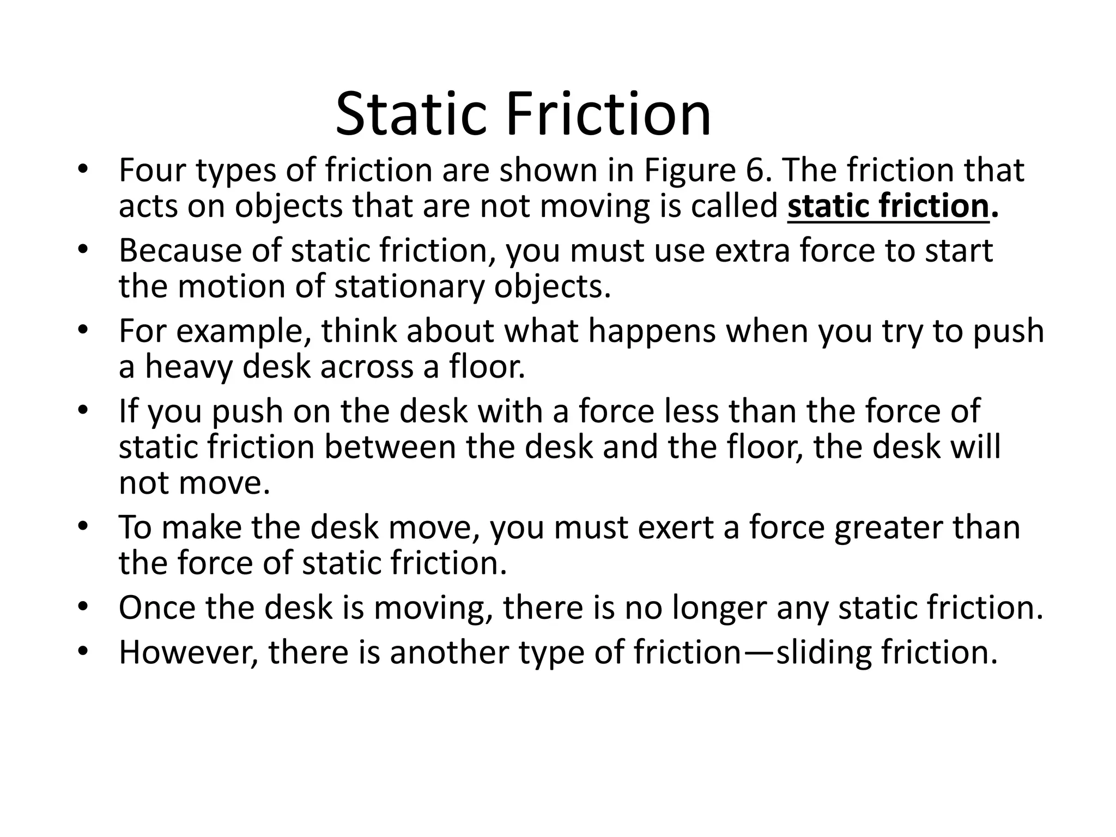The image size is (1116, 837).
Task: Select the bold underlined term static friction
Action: coord(888,207)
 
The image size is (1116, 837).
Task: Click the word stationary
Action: coord(409,287)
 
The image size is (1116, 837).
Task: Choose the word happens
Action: coord(652,331)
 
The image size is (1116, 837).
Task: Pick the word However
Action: coord(189,652)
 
